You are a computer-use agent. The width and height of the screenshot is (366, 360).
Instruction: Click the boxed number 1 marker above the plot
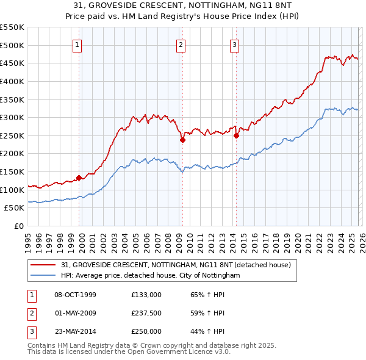tap(79, 44)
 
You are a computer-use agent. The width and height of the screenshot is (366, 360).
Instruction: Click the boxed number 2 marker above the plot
tap(182, 44)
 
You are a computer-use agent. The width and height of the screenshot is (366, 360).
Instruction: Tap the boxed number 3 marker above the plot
tap(235, 44)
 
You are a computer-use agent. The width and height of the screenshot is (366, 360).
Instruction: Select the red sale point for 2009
tap(182, 140)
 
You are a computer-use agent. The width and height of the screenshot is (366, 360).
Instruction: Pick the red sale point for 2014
tap(235, 135)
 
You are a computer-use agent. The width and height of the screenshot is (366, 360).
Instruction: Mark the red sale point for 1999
tap(79, 178)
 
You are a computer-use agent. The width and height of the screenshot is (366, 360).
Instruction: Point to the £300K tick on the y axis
tap(12, 117)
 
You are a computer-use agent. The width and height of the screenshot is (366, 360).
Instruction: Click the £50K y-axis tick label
tap(14, 208)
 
